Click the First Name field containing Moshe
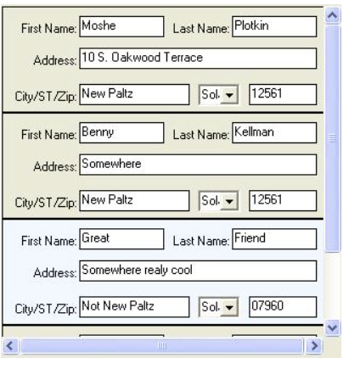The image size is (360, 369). (x=121, y=26)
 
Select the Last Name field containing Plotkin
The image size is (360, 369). (x=274, y=26)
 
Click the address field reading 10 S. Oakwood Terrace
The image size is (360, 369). (x=198, y=59)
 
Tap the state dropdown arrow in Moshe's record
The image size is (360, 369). (x=229, y=94)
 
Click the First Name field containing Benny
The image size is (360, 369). (x=121, y=132)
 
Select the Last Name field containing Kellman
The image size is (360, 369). (x=274, y=132)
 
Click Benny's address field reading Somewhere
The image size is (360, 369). (x=198, y=165)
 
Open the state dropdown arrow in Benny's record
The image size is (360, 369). (x=229, y=201)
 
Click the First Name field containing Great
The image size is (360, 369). (x=121, y=239)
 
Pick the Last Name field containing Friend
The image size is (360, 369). (x=274, y=239)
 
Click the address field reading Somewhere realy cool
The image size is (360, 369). (x=198, y=271)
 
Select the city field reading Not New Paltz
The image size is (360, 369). (x=134, y=307)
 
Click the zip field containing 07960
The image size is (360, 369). (x=283, y=307)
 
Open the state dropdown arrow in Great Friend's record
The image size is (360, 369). (x=229, y=307)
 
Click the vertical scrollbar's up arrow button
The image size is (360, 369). (x=333, y=15)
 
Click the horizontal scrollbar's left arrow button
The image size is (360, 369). (x=10, y=346)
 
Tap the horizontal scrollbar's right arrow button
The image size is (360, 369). (x=314, y=346)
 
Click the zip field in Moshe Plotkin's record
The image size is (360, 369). (x=283, y=94)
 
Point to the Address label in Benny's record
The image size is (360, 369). (x=55, y=166)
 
